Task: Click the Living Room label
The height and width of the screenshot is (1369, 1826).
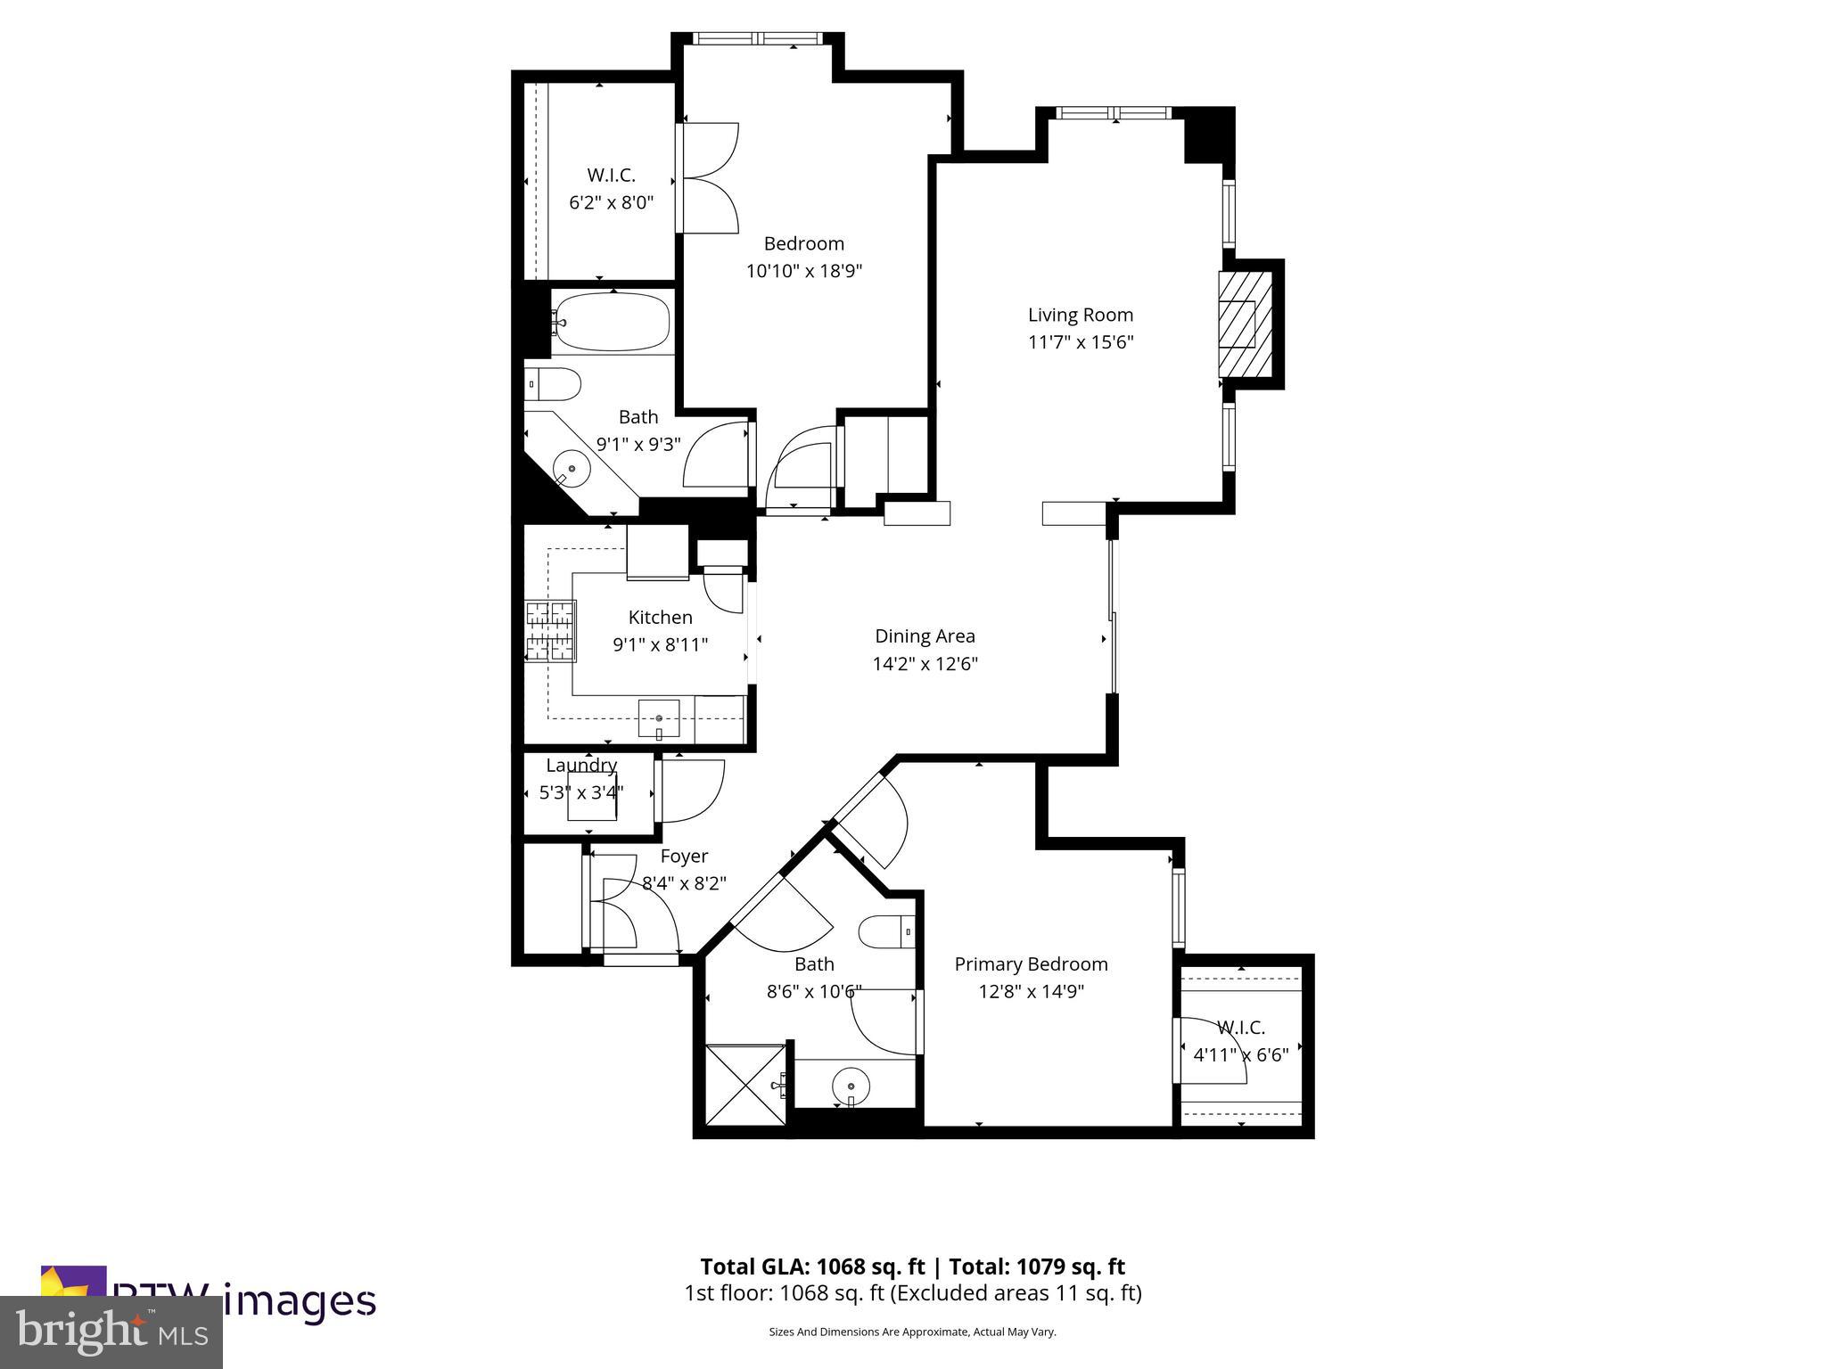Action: [x=1080, y=315]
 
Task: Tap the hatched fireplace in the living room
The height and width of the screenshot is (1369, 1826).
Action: [x=1245, y=324]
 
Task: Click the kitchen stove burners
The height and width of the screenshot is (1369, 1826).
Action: [x=550, y=631]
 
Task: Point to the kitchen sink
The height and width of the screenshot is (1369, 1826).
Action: [x=659, y=718]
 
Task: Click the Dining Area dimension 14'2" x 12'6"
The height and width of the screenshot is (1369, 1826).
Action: [x=925, y=664]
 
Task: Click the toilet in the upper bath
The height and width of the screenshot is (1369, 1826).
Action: [x=552, y=384]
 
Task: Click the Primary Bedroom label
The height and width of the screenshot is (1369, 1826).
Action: [x=1031, y=964]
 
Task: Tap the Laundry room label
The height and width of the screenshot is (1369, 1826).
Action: [x=581, y=766]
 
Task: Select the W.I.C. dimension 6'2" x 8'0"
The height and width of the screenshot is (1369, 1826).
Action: [x=611, y=203]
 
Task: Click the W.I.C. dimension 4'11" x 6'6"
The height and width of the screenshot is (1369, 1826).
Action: [x=1240, y=1055]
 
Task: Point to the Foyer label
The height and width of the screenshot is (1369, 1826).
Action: [x=684, y=857]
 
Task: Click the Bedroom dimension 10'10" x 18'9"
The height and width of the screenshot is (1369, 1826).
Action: [x=803, y=271]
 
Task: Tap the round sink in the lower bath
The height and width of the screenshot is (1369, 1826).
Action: [x=851, y=1086]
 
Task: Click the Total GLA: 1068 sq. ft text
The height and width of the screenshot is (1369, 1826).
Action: [x=812, y=1267]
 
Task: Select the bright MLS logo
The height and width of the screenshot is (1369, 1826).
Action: [x=111, y=1332]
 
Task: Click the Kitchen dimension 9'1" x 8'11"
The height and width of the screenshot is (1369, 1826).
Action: [x=660, y=644]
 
